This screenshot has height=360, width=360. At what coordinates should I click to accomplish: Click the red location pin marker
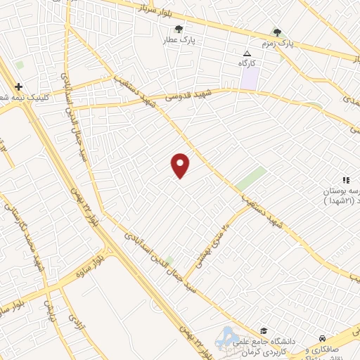click(x=181, y=165)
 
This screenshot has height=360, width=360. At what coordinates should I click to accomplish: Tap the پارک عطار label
click(x=180, y=40)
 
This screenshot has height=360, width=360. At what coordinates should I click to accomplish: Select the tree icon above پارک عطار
click(x=179, y=30)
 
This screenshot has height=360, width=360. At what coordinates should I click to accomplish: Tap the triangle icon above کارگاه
click(x=247, y=53)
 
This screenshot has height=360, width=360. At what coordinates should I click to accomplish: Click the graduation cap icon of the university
click(x=263, y=330)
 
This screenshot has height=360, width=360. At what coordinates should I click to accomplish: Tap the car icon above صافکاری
click(x=322, y=338)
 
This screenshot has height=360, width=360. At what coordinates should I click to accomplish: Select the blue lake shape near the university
click(x=227, y=337)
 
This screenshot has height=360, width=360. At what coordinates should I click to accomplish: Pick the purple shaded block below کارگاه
click(x=250, y=79)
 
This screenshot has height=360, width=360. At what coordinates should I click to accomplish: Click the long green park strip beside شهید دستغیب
click(x=250, y=179)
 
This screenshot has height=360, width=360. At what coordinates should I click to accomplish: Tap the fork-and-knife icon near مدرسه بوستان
click(x=345, y=181)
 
